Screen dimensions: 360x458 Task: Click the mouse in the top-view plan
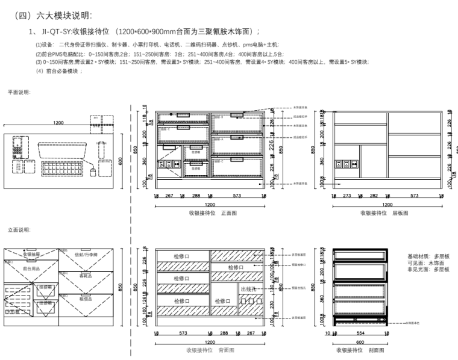point(92,173)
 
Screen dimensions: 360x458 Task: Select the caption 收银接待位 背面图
point(210,350)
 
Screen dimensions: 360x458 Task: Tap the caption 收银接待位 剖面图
point(359,350)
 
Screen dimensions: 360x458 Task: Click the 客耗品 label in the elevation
point(85,276)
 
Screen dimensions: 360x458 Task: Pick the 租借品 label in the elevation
point(85,297)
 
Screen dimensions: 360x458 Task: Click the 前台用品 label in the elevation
point(31,268)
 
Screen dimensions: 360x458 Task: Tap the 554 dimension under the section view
point(361,332)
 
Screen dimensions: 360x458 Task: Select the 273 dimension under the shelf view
point(347,196)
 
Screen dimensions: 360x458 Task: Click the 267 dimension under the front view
point(169,196)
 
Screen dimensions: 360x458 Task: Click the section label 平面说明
point(19,92)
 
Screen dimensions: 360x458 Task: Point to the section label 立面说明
point(19,230)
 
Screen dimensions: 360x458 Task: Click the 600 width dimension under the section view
point(359,341)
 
